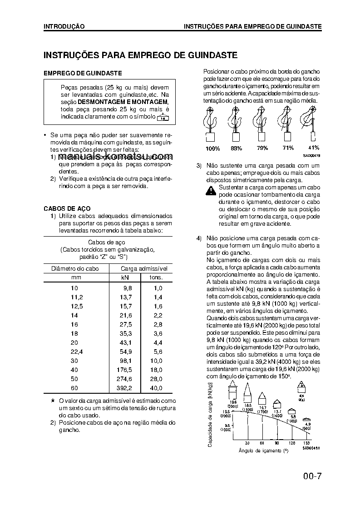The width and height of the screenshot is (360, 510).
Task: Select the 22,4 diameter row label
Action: coord(74,352)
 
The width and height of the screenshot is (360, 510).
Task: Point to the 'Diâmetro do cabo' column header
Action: coord(74,268)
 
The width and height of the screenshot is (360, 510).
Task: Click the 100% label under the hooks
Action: coord(213,149)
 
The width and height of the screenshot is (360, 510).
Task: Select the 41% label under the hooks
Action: coord(313,148)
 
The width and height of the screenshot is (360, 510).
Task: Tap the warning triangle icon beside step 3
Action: coord(211,191)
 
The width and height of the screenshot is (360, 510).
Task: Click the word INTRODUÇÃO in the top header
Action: coord(64,26)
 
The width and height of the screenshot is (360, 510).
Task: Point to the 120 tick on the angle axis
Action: coord(292,443)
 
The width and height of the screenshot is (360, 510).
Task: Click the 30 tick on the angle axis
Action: coord(247,443)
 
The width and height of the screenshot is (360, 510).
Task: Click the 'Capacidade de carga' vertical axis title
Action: coord(210,414)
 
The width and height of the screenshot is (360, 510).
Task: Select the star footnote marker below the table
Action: coord(53,401)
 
